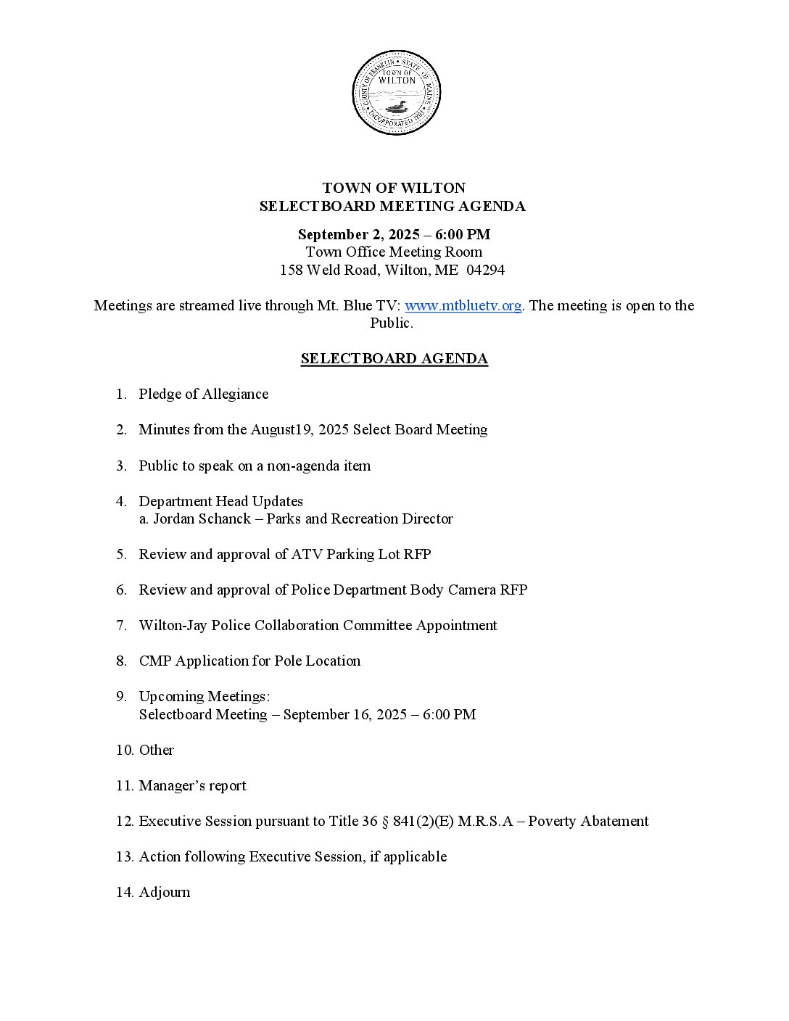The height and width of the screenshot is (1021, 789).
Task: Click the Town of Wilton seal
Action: pyautogui.click(x=396, y=93)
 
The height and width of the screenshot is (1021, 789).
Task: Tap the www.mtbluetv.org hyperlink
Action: pyautogui.click(x=463, y=306)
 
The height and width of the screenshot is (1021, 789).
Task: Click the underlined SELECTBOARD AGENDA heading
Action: pyautogui.click(x=394, y=359)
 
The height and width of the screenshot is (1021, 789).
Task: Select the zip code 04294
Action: pyautogui.click(x=486, y=270)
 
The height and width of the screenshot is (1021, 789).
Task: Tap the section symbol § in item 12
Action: pyautogui.click(x=367, y=822)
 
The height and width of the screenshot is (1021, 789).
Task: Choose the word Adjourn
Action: pyautogui.click(x=165, y=893)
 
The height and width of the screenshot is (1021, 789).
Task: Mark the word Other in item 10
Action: pyautogui.click(x=157, y=751)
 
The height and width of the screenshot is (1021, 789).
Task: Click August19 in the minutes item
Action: pyautogui.click(x=282, y=430)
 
